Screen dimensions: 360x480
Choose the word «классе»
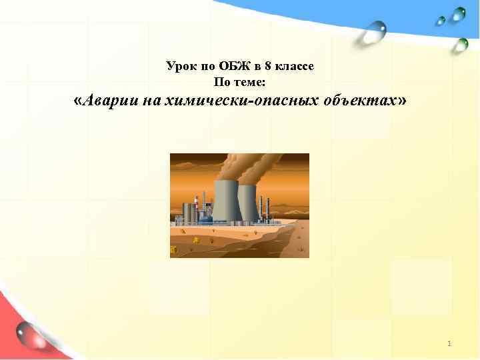291,67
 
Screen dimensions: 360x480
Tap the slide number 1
450,343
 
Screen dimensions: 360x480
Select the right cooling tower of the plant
247,203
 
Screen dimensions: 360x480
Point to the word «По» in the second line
221,82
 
